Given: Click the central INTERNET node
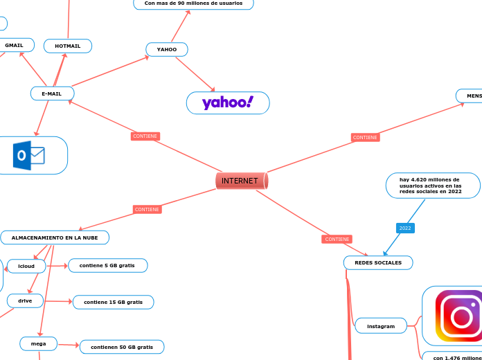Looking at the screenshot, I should (x=241, y=181).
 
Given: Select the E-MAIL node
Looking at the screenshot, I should (x=52, y=93).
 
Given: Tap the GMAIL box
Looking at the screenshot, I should (x=15, y=46).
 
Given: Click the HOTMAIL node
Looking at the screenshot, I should (x=68, y=46).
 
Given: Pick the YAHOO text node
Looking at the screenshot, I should (x=167, y=50).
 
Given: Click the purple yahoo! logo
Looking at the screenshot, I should (x=228, y=103).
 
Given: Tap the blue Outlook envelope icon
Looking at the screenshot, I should (x=29, y=156).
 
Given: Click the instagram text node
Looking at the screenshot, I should (x=381, y=325).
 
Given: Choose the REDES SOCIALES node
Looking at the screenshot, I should (x=378, y=262).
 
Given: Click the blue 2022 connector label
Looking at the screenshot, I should (x=405, y=228).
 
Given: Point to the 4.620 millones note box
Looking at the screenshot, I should (x=432, y=186).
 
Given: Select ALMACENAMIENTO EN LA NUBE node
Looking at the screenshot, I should (x=55, y=237).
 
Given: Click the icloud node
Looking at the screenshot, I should (x=26, y=266).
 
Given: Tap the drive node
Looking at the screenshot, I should (x=25, y=300).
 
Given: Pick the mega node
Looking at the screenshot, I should (x=39, y=343).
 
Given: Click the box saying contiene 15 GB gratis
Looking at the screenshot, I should (x=113, y=302).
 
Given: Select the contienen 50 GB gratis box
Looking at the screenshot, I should (x=122, y=347).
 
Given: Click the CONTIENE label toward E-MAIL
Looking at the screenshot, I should (x=145, y=136).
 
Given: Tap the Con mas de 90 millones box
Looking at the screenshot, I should (x=193, y=3).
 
